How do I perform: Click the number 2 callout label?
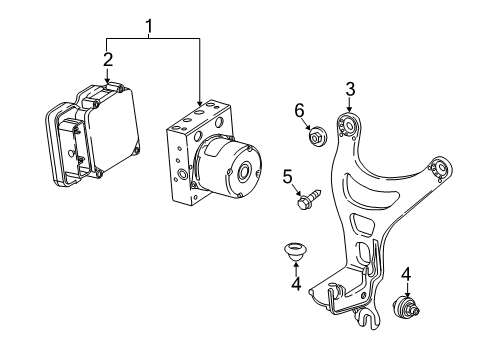click(x=108, y=60)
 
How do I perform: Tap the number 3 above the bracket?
click(x=349, y=91)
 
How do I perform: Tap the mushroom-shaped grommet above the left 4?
click(x=296, y=253)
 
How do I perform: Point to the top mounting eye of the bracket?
click(x=350, y=127)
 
